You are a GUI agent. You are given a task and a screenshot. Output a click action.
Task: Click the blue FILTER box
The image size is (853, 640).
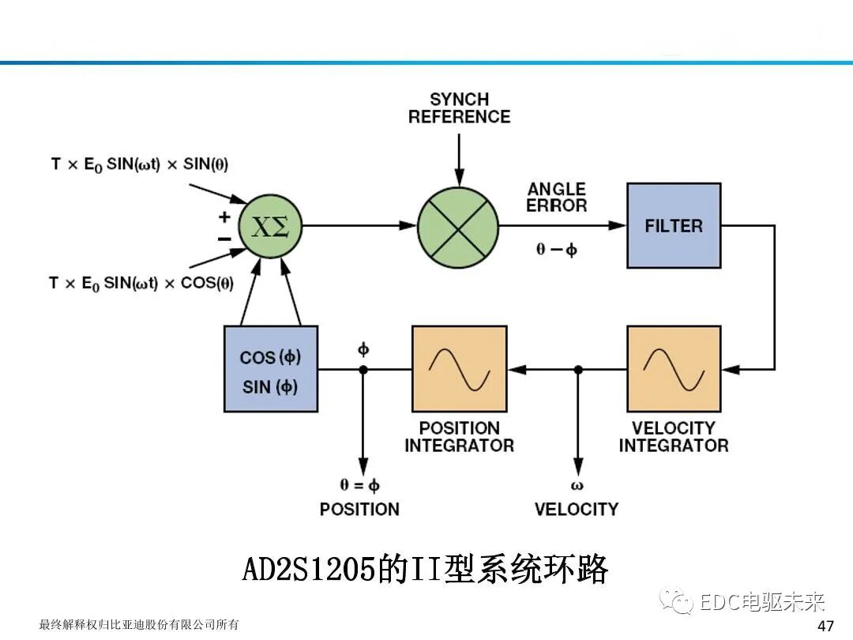[x=674, y=226]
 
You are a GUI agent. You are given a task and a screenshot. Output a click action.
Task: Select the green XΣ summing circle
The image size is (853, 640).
[x=270, y=226]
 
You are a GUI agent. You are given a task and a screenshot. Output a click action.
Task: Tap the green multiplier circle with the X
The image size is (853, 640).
[x=458, y=226]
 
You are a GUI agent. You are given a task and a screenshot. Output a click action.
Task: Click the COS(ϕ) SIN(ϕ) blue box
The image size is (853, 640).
[x=271, y=369]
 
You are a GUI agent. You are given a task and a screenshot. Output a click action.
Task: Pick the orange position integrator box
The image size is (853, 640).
[x=459, y=369]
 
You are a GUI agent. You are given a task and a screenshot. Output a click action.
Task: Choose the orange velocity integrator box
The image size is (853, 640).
[x=674, y=369]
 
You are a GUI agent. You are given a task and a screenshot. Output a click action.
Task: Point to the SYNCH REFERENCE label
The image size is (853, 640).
[x=459, y=108]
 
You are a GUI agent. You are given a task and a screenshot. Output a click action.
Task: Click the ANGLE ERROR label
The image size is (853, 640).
[x=557, y=198]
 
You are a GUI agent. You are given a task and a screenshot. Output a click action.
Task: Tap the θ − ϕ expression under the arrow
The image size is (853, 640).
[x=557, y=250]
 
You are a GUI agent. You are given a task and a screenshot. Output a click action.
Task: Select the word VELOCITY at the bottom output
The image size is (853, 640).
[x=577, y=509]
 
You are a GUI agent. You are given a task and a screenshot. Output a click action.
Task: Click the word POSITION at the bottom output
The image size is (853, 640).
[x=359, y=509]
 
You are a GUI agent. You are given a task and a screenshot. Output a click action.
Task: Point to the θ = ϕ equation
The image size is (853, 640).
[x=359, y=485]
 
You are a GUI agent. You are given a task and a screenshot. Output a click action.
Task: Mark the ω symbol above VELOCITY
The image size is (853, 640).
[x=577, y=485]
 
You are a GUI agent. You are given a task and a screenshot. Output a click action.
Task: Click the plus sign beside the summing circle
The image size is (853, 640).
[x=224, y=216]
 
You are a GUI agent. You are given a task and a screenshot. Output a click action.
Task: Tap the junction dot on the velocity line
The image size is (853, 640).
[x=578, y=369]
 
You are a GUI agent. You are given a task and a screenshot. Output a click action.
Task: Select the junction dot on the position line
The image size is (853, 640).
[x=363, y=369]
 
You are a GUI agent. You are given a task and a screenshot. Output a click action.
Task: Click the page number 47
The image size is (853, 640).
[x=825, y=626]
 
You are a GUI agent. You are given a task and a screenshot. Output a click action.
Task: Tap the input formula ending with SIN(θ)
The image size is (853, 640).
[x=139, y=164]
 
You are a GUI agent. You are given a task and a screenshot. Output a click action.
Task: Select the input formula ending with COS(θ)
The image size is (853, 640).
[x=141, y=283]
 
